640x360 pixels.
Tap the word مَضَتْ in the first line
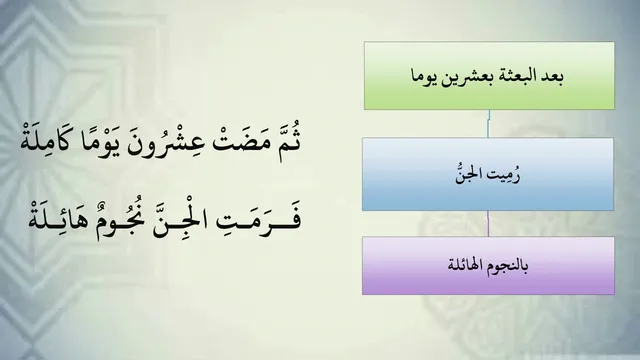244,144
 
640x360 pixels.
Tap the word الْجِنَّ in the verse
180,220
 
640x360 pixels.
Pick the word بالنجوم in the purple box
507,266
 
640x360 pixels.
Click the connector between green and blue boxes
488,124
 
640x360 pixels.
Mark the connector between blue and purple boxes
488,224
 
